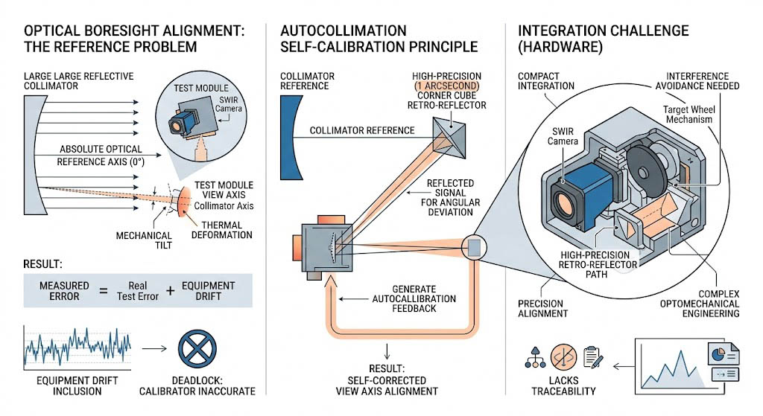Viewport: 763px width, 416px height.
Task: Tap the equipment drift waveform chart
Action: pyautogui.click(x=77, y=347)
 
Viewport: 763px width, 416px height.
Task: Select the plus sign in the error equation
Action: pyautogui.click(x=170, y=290)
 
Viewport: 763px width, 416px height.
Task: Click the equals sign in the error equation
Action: pyautogui.click(x=101, y=290)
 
